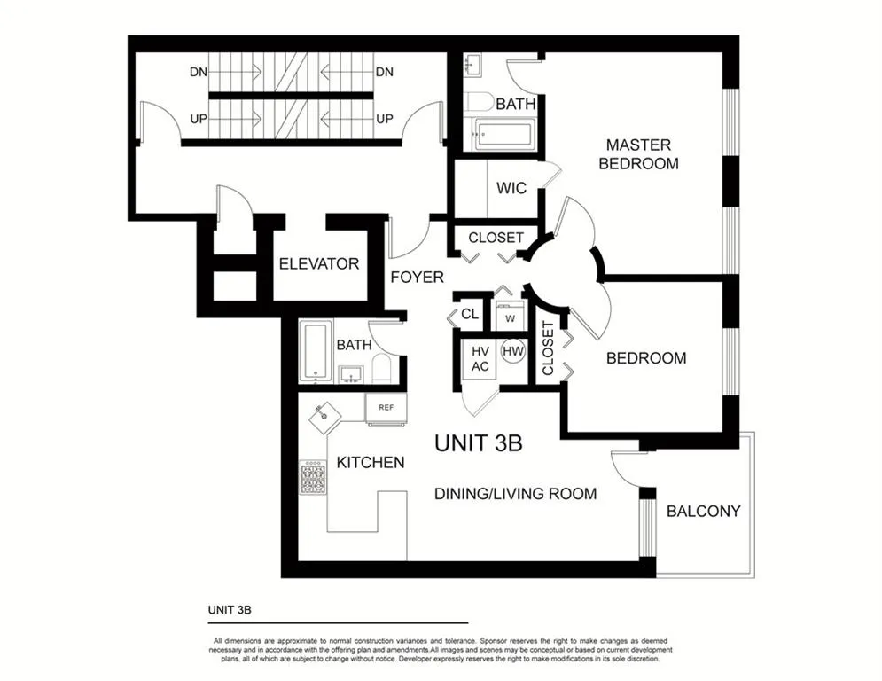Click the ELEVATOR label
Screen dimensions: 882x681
[319, 264]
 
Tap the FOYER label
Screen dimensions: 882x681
[417, 277]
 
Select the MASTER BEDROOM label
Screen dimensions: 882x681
[638, 154]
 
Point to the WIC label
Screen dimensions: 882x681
[511, 188]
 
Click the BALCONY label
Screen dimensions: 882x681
[703, 511]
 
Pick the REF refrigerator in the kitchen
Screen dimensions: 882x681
[386, 409]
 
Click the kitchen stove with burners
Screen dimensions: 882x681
[313, 478]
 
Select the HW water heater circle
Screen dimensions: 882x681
[512, 352]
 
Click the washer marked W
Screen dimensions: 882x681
[510, 317]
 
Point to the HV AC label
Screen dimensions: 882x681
[480, 359]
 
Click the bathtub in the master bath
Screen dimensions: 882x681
[503, 134]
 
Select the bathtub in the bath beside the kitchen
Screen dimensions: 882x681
[315, 350]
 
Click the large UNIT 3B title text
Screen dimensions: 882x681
[478, 443]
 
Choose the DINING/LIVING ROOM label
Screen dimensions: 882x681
[515, 494]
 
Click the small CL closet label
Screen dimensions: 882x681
[470, 314]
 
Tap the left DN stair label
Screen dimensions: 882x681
[199, 72]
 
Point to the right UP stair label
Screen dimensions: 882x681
[384, 119]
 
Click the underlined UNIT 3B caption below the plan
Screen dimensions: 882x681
[230, 609]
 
